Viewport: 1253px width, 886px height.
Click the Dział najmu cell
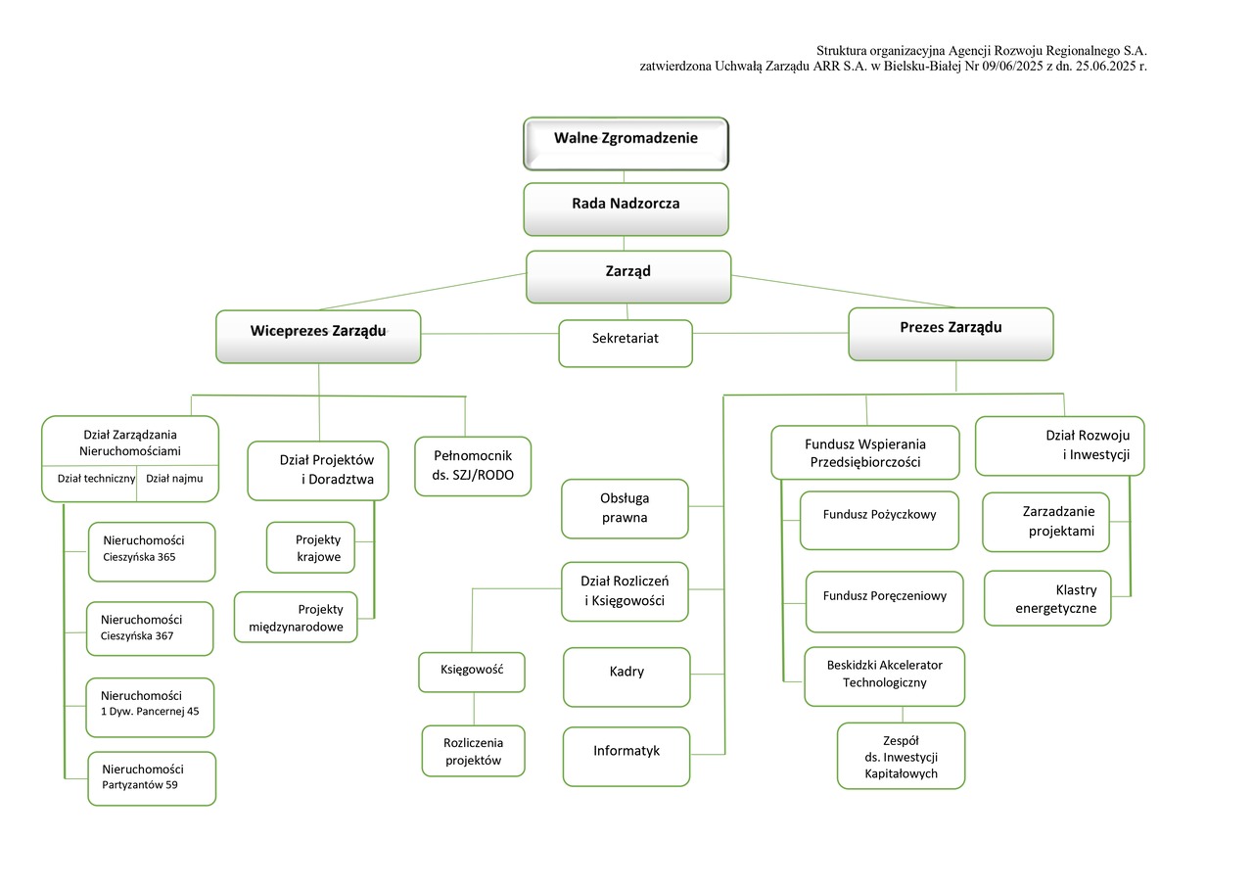coord(174,479)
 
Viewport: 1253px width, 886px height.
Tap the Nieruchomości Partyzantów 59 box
coord(152,778)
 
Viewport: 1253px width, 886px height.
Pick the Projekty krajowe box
coord(311,547)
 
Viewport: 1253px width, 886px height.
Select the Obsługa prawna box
coord(625,508)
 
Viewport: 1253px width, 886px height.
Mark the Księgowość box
coord(473,672)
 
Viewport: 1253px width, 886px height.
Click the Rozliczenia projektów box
coord(473,751)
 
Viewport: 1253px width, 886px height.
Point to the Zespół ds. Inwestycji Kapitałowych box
coord(901,756)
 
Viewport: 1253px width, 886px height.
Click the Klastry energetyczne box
coord(1047,598)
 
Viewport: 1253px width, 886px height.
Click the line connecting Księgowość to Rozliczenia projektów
coord(474,709)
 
